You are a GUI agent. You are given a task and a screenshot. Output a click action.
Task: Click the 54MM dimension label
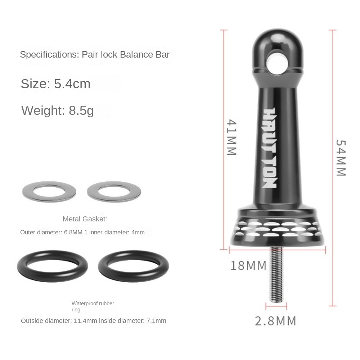pos(340,157)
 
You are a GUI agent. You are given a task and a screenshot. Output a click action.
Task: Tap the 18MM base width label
pos(248,266)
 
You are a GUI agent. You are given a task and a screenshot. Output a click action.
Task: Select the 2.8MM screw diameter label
pos(275,320)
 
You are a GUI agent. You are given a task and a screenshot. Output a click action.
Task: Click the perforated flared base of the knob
pos(277,230)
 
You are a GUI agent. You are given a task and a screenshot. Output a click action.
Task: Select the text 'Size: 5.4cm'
pos(55,84)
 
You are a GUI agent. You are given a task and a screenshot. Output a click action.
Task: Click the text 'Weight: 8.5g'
pos(58,110)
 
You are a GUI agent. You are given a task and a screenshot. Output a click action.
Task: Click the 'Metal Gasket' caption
pos(85,219)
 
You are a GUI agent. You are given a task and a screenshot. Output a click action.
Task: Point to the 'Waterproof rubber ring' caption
pos(93,306)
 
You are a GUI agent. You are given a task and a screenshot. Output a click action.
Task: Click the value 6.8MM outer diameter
pos(73,233)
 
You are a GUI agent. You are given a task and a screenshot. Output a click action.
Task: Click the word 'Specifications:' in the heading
pos(49,55)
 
